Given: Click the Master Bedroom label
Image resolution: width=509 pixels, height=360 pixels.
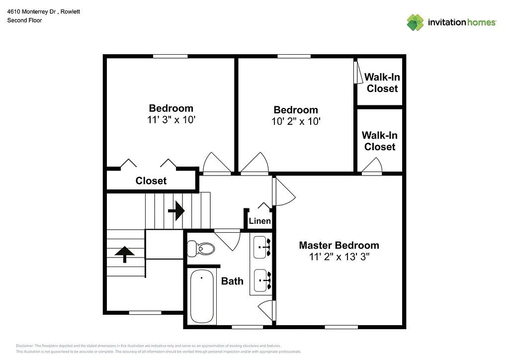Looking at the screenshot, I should tap(339, 245).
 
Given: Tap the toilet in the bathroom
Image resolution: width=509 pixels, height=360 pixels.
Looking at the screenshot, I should tap(201, 248).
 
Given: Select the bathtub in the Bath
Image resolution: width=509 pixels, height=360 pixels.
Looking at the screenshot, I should tap(202, 296).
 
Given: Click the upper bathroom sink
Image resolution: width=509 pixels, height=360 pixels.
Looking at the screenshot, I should tap(261, 247).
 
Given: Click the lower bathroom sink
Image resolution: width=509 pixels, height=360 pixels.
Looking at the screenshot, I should tap(261, 280).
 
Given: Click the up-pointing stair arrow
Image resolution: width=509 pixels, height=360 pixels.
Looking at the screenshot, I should tap(124, 254).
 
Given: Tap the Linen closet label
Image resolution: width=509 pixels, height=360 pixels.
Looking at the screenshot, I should tap(259, 221).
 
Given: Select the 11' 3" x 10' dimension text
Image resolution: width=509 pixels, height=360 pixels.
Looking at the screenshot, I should tap(171, 119).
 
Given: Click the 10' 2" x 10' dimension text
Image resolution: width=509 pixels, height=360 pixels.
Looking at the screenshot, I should tap(295, 121).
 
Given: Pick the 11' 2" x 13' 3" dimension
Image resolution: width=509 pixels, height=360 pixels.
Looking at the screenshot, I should tap(339, 257).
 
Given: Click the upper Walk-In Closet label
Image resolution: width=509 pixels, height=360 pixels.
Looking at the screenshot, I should tap(382, 83).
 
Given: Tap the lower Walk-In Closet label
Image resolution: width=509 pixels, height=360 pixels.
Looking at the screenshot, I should tap(380, 141).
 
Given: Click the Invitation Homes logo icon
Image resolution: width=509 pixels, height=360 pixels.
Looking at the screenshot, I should tap(415, 22).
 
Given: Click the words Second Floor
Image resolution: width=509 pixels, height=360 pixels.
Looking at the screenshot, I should tap(24, 20).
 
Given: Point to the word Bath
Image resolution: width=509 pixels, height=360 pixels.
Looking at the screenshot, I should tap(232, 281).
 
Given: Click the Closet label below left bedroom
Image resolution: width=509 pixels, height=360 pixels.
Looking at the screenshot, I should tap(151, 181).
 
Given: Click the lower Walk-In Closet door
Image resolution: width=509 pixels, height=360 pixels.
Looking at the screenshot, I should tap(372, 166).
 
